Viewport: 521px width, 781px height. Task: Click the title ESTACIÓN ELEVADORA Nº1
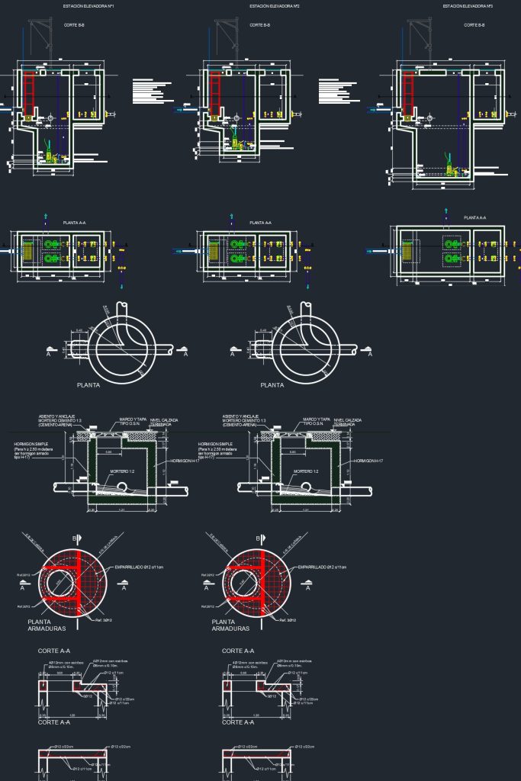click(89, 6)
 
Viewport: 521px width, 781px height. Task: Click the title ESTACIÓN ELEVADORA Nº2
click(275, 6)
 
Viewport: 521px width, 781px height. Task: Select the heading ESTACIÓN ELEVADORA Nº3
click(468, 6)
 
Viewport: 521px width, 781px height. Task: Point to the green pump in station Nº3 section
click(450, 169)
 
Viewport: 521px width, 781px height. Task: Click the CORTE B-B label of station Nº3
click(473, 25)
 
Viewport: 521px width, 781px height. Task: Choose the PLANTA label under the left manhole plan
click(88, 385)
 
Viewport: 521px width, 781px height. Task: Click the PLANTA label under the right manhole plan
click(272, 385)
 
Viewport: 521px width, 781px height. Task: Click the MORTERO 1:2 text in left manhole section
click(120, 472)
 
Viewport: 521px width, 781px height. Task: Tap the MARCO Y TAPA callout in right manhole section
click(315, 419)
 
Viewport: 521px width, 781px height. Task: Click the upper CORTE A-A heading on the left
click(53, 651)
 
